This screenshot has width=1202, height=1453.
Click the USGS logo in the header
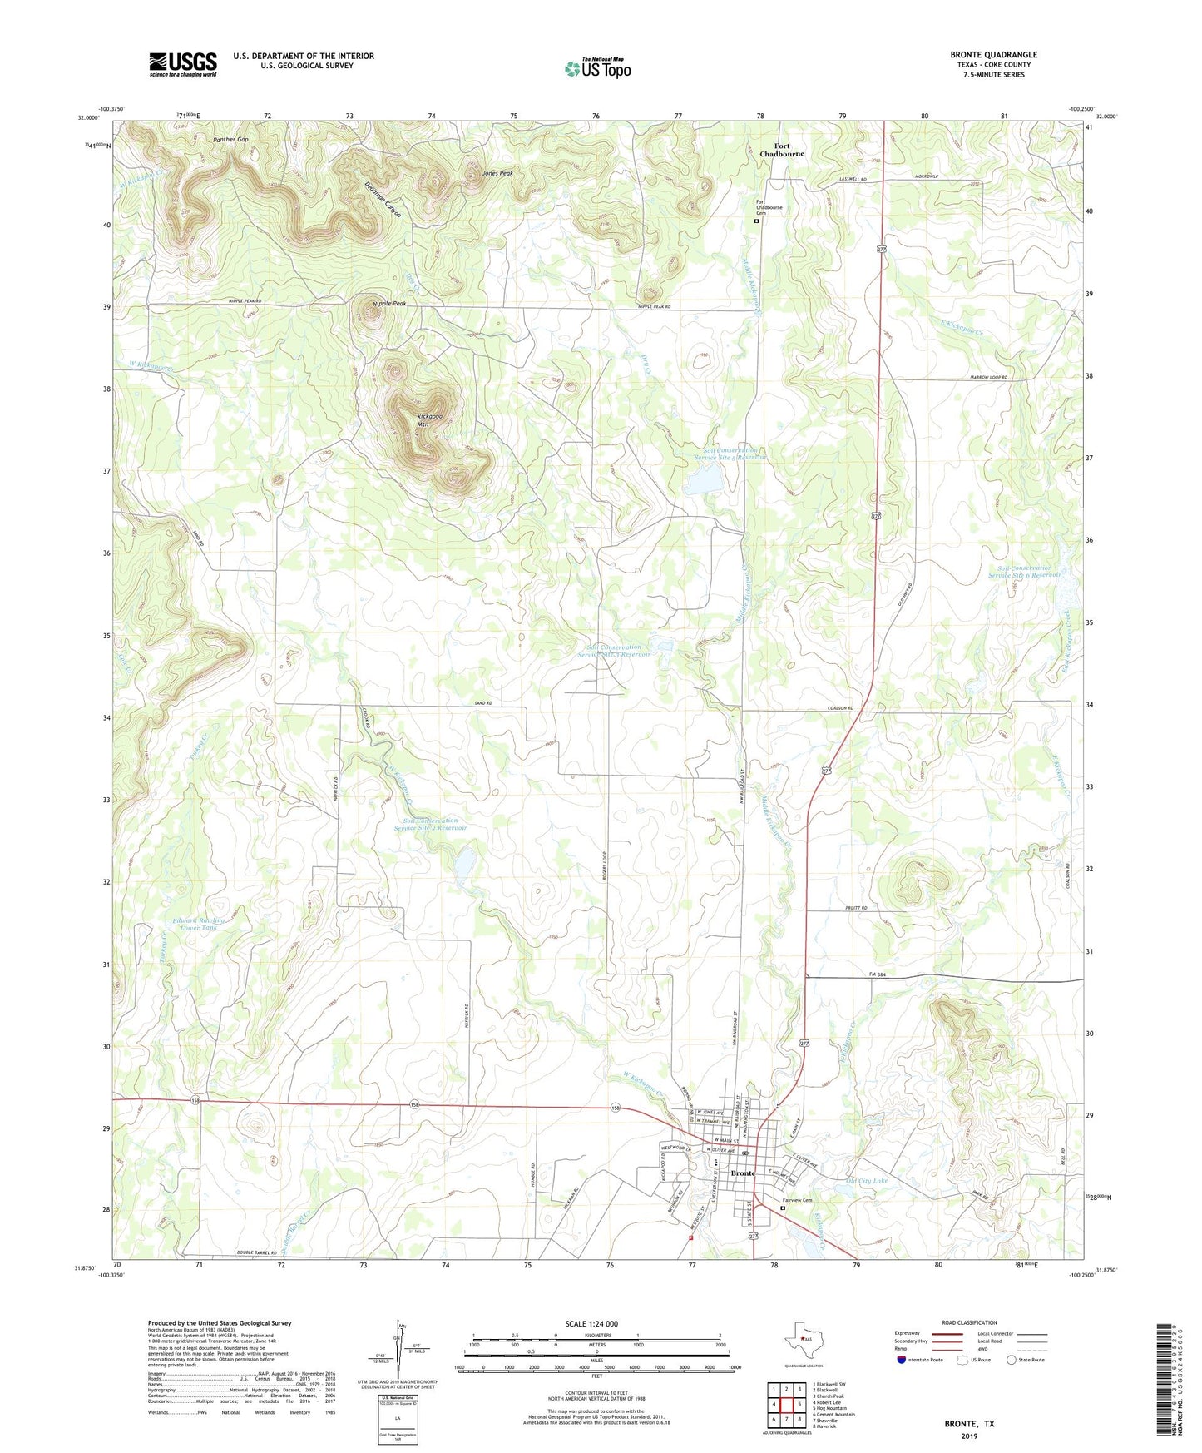[183, 64]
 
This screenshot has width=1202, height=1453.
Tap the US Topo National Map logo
[597, 67]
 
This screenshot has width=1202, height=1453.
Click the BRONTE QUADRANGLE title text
[993, 55]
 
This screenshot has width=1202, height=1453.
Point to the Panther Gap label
[230, 139]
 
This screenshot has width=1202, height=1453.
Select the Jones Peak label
[497, 173]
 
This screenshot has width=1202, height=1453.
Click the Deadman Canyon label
[383, 199]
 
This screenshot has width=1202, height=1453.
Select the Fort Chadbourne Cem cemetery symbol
[756, 222]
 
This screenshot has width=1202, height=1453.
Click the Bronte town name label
[743, 1173]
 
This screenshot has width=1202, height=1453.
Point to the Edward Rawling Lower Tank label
[199, 924]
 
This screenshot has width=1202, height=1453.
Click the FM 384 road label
[880, 974]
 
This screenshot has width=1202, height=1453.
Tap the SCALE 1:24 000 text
[591, 1323]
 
